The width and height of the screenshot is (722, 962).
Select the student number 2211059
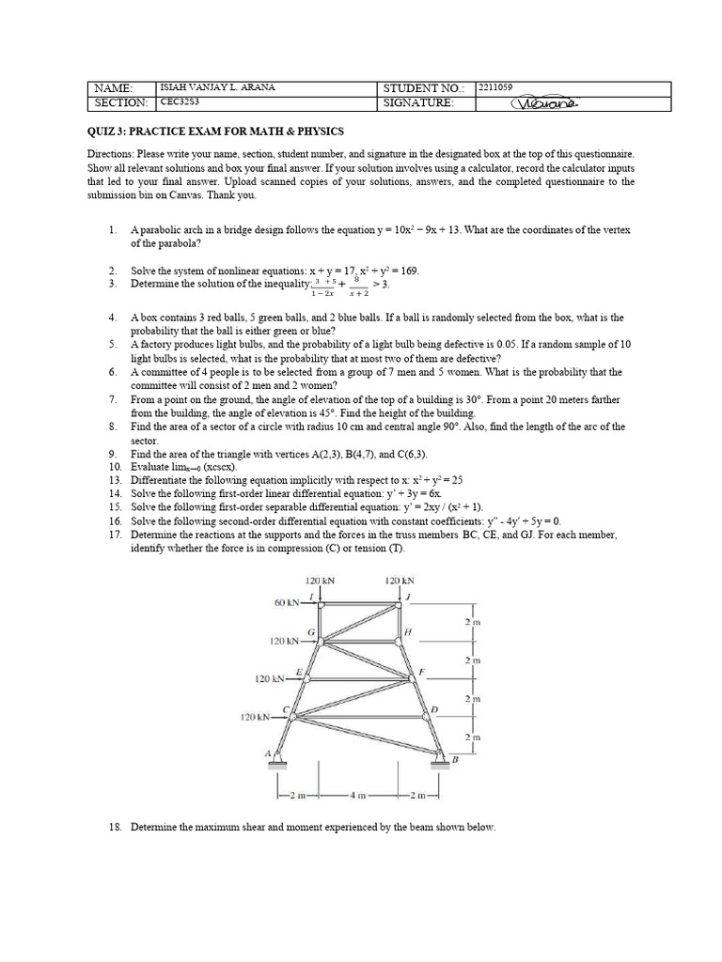[x=495, y=87]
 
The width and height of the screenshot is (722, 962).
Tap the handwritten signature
[x=544, y=103]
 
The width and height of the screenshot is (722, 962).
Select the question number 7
[x=112, y=399]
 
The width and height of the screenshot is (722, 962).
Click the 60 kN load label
[x=287, y=601]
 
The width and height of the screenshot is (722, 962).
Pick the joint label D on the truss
[x=433, y=709]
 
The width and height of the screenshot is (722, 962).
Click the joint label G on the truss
[x=311, y=632]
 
